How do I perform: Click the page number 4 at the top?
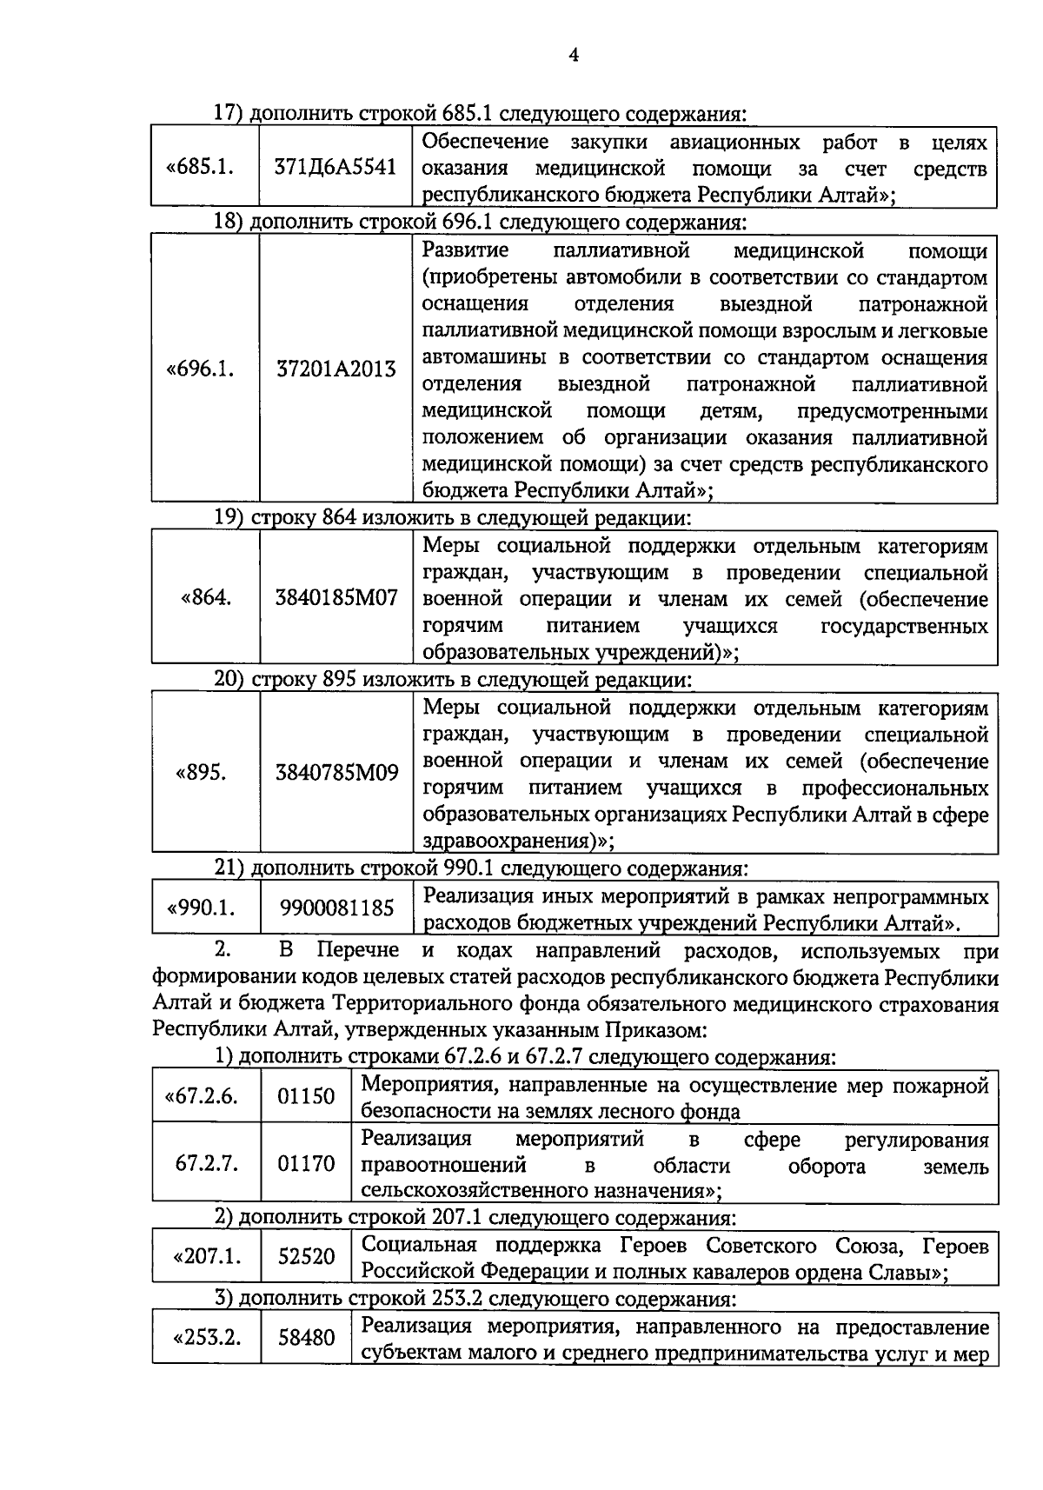pos(573,56)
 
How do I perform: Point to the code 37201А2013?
pos(335,369)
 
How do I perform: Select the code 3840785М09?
pos(336,772)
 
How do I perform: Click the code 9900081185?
pos(336,908)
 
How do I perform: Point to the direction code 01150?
pos(306,1096)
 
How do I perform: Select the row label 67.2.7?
pos(206,1163)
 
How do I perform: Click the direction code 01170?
pos(306,1163)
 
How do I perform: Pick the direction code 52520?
pos(306,1257)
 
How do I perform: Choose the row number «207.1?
pos(207,1257)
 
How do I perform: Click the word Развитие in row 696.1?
pos(465,251)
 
